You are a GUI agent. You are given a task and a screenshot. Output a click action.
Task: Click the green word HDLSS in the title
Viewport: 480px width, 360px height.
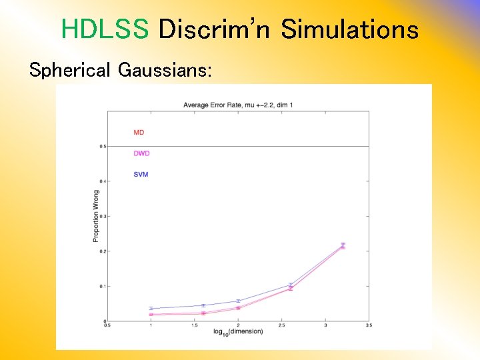[x=105, y=30]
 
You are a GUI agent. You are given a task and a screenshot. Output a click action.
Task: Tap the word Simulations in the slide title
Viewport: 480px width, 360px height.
[x=349, y=30]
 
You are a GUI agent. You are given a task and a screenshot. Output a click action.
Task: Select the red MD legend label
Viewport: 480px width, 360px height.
[x=139, y=133]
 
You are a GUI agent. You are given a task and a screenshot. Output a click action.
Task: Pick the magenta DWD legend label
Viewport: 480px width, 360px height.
[x=141, y=153]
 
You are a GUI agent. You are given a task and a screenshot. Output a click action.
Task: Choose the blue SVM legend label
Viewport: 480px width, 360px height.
[x=140, y=175]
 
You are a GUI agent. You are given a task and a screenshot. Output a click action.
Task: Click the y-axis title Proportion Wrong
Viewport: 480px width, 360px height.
[x=95, y=217]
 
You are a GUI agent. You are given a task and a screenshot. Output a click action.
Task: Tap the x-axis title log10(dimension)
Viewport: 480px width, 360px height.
[x=238, y=331]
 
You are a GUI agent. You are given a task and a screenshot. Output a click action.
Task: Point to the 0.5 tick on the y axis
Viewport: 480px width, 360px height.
[x=102, y=146]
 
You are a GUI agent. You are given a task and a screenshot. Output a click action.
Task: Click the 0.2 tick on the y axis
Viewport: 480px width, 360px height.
[x=102, y=251]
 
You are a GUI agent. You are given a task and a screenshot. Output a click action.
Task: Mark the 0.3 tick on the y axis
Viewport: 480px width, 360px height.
[x=102, y=216]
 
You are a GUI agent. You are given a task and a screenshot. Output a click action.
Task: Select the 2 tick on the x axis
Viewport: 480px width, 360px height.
[x=238, y=325]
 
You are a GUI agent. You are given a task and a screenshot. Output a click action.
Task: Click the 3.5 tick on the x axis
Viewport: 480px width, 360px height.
[x=369, y=325]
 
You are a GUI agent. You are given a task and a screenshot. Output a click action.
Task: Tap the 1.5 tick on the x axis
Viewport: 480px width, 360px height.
[x=194, y=325]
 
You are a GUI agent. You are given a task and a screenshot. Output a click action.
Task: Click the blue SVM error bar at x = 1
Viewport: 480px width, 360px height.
[x=151, y=309]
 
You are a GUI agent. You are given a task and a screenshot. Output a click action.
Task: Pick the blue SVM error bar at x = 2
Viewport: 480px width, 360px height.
[x=238, y=301]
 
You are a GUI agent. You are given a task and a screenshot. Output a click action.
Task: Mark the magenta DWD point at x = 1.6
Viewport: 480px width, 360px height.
[x=203, y=313]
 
